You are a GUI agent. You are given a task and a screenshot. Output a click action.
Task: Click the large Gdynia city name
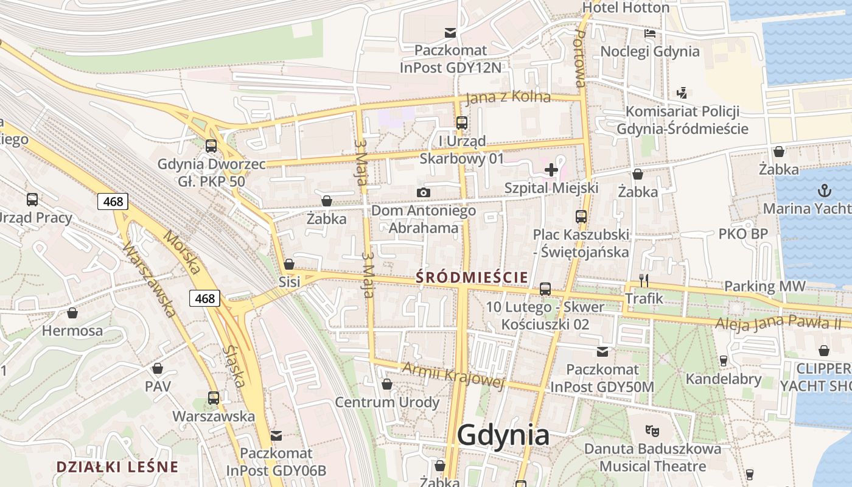[503, 435]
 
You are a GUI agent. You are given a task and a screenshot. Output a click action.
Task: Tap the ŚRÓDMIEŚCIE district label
[472, 278]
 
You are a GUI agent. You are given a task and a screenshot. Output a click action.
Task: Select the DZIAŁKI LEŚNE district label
[117, 467]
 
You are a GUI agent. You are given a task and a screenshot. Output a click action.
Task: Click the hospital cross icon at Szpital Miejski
[551, 170]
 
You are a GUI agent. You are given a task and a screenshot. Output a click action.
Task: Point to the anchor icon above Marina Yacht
[824, 191]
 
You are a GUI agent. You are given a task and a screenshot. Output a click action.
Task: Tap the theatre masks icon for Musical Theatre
[652, 431]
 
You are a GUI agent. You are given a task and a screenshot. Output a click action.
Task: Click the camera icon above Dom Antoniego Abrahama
[424, 193]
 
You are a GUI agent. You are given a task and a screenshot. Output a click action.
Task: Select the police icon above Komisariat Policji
[682, 93]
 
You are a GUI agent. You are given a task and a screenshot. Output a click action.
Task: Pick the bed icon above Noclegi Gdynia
[650, 33]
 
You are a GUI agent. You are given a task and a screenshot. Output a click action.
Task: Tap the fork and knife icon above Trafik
[644, 281]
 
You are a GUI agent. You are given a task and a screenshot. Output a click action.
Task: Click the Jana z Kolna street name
[508, 97]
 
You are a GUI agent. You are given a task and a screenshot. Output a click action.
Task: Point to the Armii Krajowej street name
[453, 374]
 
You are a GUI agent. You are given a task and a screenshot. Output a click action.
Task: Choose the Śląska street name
[234, 366]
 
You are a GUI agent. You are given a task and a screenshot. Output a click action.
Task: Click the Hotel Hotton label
[626, 8]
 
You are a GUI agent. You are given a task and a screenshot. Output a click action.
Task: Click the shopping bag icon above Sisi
[289, 264]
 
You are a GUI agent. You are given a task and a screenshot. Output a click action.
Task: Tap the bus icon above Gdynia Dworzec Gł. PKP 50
[211, 146]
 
